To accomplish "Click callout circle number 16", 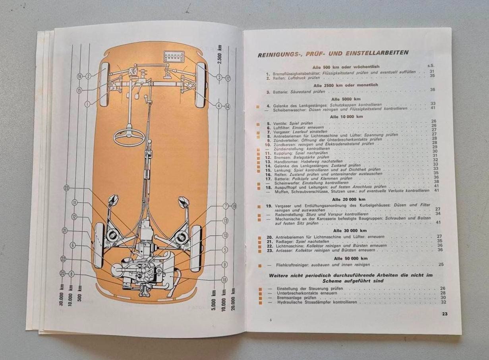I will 80,75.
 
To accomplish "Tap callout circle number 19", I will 234,206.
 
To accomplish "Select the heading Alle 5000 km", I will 347,99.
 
